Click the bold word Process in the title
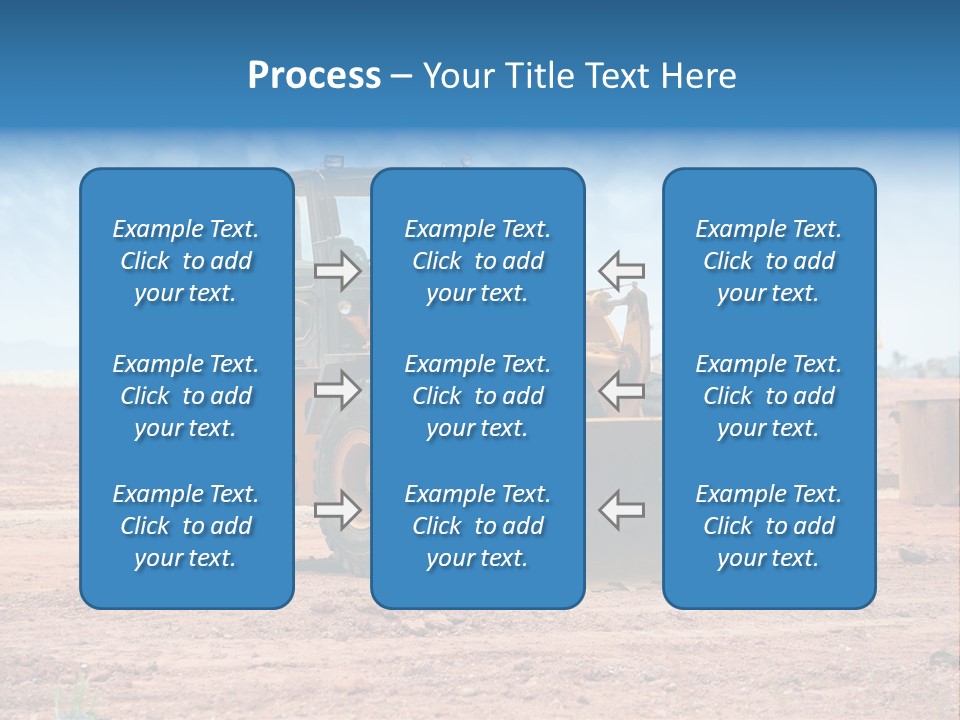(314, 76)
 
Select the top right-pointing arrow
(338, 271)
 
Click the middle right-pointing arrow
(338, 390)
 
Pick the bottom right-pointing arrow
(338, 509)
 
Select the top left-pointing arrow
(622, 271)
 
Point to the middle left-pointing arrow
(622, 390)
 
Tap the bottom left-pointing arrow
(622, 509)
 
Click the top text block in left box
(186, 261)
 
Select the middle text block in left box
(186, 396)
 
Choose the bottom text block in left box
(186, 526)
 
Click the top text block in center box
(477, 261)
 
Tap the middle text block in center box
(477, 396)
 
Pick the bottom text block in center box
(477, 526)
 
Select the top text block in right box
(768, 261)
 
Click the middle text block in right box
(768, 396)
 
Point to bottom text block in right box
(768, 526)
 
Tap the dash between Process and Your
(402, 77)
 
